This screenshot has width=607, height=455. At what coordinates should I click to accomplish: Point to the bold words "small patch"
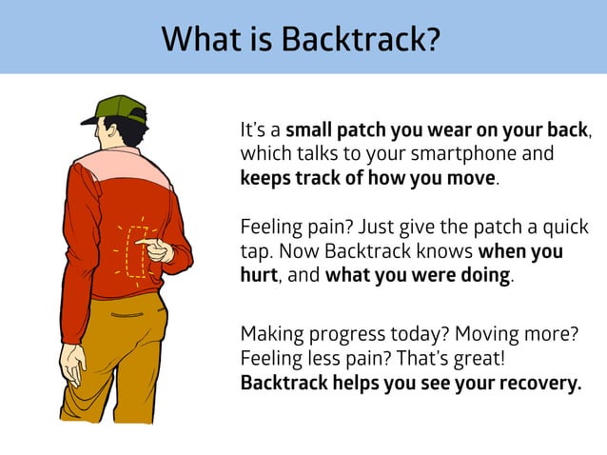[x=331, y=129]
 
